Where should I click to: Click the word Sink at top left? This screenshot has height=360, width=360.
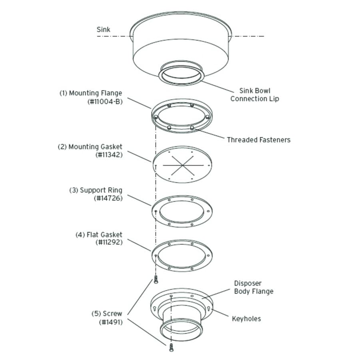click(x=103, y=30)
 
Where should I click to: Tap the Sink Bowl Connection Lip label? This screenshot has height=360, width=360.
click(x=254, y=95)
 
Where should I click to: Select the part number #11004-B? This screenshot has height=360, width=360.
click(x=104, y=102)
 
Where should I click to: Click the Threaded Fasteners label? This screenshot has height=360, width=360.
click(x=258, y=140)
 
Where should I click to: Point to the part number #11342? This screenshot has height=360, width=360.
click(x=109, y=155)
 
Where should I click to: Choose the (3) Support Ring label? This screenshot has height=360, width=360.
click(x=96, y=190)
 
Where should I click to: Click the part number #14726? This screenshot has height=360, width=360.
click(x=109, y=198)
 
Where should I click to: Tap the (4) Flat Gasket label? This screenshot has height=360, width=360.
click(x=99, y=235)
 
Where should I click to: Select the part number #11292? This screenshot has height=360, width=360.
click(x=109, y=242)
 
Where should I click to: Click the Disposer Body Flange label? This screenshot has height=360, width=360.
click(x=254, y=287)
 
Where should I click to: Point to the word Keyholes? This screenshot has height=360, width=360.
click(x=246, y=319)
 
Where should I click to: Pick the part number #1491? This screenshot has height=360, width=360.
click(x=111, y=322)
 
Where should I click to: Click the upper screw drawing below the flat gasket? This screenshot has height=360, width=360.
click(x=156, y=280)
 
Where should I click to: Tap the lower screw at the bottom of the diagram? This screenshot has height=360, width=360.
click(x=172, y=347)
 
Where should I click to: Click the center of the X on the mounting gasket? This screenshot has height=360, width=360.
click(x=182, y=164)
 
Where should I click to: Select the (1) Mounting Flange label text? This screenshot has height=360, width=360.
click(x=91, y=94)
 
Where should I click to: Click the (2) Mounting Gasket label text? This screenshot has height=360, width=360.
click(x=90, y=147)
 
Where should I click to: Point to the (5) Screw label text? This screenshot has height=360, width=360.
click(x=106, y=314)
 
